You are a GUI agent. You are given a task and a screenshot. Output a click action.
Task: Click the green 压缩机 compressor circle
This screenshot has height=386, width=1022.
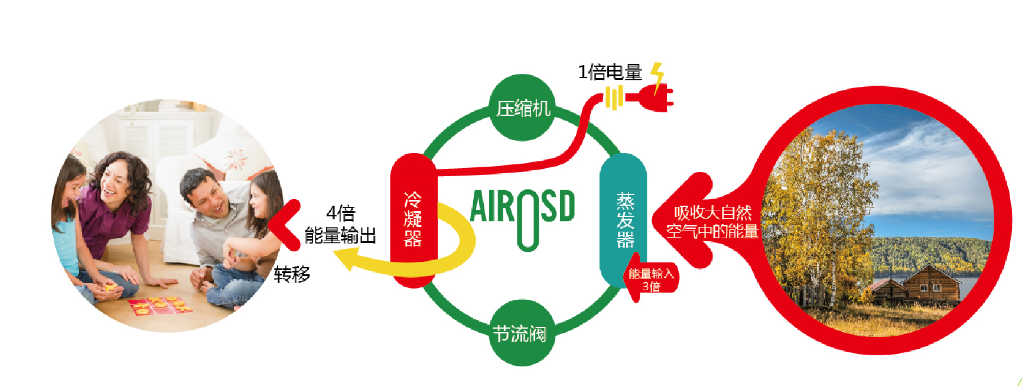[x=522, y=108]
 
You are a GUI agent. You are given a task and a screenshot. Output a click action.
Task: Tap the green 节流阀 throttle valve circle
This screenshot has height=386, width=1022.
[x=520, y=333]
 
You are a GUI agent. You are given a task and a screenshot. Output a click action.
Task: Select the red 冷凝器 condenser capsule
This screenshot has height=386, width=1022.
[x=413, y=220]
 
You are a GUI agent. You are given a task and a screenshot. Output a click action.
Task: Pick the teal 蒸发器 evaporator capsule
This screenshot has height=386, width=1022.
[x=624, y=220]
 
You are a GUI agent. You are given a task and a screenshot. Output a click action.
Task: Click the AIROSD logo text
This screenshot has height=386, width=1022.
[x=522, y=210]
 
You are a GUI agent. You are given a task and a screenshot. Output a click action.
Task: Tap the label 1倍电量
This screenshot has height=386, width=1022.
[x=610, y=72]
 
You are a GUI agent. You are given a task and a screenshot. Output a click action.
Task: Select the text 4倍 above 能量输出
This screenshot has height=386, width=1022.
[x=340, y=212]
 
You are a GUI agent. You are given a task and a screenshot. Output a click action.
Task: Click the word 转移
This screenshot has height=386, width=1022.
[x=292, y=274]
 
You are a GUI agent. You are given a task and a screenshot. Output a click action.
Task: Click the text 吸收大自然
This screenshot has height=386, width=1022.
[x=713, y=212]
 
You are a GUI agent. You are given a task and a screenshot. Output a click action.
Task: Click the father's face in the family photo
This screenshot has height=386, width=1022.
[x=210, y=198]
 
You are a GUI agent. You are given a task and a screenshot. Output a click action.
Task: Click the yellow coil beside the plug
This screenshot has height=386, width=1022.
[x=614, y=98]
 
